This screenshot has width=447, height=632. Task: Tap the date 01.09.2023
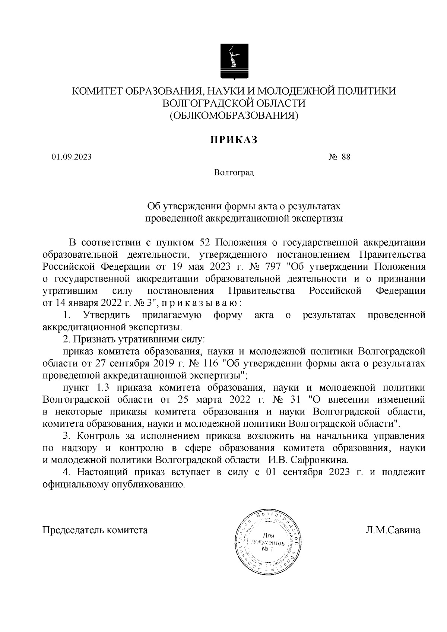pyautogui.click(x=72, y=157)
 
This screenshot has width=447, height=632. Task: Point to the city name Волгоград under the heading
pyautogui.click(x=234, y=173)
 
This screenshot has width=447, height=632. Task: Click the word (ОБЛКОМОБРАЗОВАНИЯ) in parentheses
pyautogui.click(x=234, y=116)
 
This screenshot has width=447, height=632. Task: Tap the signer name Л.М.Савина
pyautogui.click(x=393, y=530)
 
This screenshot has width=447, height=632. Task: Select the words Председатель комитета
pyautogui.click(x=95, y=530)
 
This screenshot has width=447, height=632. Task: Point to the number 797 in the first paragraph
pyautogui.click(x=272, y=267)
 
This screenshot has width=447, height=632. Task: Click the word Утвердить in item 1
pyautogui.click(x=107, y=315)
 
